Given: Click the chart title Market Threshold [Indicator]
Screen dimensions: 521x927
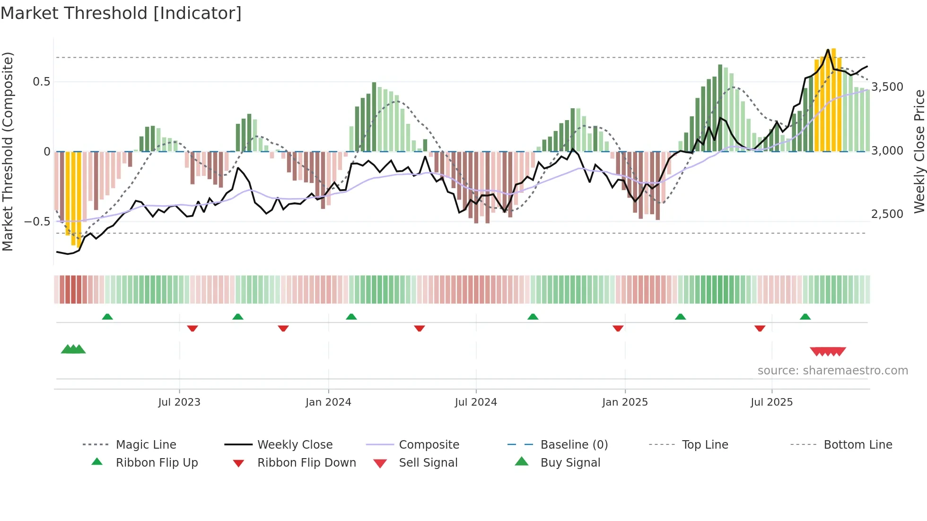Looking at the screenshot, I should (x=121, y=13).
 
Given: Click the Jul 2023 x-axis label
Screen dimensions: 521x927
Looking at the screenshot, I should (x=179, y=402).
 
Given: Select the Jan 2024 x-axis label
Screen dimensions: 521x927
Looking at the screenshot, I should (x=328, y=402).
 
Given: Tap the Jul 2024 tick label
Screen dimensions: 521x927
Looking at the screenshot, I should (x=476, y=402).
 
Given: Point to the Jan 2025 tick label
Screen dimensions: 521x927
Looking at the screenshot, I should (x=625, y=402).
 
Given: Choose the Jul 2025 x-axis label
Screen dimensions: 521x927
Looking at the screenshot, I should (x=771, y=402).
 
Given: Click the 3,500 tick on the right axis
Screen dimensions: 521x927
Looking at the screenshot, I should (x=887, y=87).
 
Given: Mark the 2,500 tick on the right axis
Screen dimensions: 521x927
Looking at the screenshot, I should (x=887, y=214).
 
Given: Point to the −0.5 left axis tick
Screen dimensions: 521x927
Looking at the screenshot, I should (x=37, y=222).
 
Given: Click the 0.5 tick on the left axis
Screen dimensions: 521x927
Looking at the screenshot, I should (x=41, y=82).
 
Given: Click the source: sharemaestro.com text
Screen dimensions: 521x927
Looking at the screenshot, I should (x=832, y=371).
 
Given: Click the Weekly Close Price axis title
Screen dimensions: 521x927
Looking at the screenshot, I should (x=919, y=151).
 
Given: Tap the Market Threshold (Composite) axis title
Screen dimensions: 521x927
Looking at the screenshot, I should (x=8, y=151).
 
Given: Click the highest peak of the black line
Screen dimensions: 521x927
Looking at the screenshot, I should (x=828, y=50).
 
